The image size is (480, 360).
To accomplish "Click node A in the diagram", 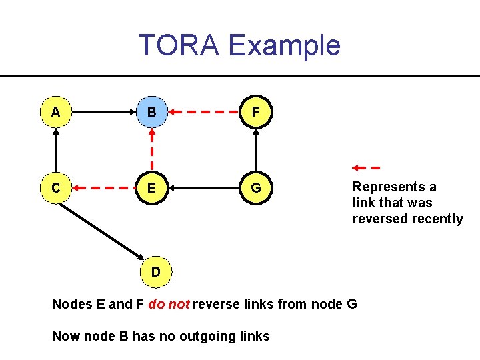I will click(56, 112).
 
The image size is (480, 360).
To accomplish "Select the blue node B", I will click(152, 112).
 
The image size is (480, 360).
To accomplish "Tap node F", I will click(256, 112).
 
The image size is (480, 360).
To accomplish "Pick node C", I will click(56, 188).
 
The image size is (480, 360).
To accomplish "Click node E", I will click(152, 188).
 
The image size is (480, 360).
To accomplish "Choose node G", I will click(256, 188).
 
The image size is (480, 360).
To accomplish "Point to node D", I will click(155, 271).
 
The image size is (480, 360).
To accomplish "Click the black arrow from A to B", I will click(103, 112).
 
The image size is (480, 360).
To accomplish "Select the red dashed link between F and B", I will click(203, 112).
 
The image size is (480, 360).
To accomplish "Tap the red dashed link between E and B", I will click(152, 150).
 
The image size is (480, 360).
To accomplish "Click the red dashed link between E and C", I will click(103, 188).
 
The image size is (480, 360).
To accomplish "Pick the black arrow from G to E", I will click(203, 188).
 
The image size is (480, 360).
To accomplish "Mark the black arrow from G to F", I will click(256, 150).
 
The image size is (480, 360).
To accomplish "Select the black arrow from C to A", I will click(56, 150).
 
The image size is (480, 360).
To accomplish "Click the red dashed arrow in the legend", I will click(366, 167).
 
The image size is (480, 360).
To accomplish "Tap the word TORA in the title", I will click(179, 45).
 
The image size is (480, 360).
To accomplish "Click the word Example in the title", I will click(284, 45).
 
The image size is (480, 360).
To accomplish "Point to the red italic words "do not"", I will click(169, 305).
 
